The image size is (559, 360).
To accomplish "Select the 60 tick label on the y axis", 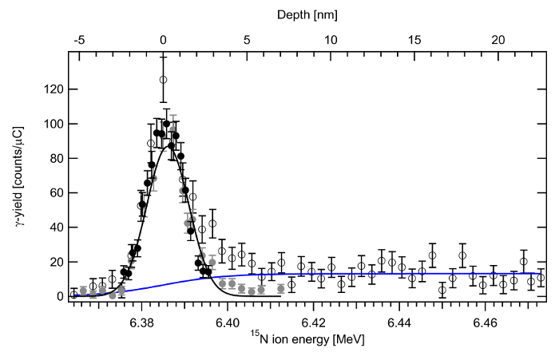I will (x=56, y=192).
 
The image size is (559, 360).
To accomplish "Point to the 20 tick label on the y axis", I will (x=56, y=262).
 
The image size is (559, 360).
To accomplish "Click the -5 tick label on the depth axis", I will (x=77, y=40).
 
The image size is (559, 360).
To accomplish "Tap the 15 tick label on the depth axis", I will (x=414, y=40).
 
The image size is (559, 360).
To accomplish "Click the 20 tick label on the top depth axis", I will (x=498, y=40).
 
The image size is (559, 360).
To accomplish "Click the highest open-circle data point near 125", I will (x=163, y=80).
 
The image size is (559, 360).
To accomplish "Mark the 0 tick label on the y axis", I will (x=58, y=296).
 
